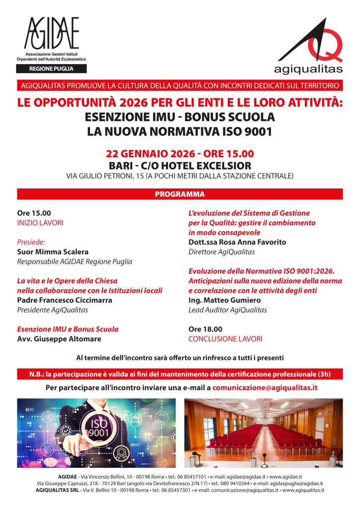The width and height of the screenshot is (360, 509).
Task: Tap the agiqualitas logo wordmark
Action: [x=308, y=68]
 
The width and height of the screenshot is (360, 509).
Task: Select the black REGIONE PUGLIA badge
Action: [x=52, y=69]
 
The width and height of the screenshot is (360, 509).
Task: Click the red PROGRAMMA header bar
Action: [x=180, y=194]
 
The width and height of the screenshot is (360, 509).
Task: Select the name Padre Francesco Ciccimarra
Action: [x=65, y=300]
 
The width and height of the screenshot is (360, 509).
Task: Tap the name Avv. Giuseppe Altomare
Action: [x=59, y=339]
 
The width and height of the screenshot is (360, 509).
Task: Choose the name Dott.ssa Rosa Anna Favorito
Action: [x=237, y=243]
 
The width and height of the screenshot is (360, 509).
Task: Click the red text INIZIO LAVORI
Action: [x=40, y=223]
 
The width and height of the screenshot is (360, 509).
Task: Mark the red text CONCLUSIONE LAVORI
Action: [x=225, y=339]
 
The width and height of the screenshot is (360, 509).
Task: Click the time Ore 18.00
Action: [x=205, y=329]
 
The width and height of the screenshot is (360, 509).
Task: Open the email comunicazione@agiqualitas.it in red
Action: [x=265, y=387]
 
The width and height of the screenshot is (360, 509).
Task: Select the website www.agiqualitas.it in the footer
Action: [x=303, y=490]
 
